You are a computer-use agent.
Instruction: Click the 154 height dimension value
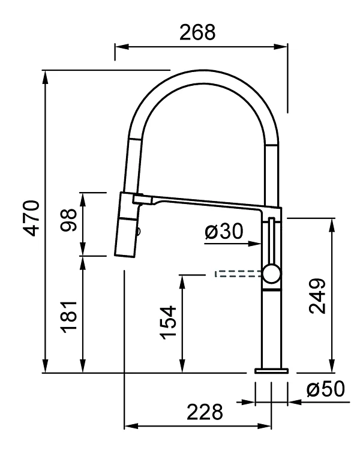(169, 323)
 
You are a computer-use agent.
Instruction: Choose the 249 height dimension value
(317, 296)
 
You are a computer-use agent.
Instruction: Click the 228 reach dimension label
(205, 412)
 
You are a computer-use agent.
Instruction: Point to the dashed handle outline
(238, 274)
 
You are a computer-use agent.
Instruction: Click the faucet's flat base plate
(271, 370)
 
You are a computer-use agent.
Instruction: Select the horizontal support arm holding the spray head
(204, 202)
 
